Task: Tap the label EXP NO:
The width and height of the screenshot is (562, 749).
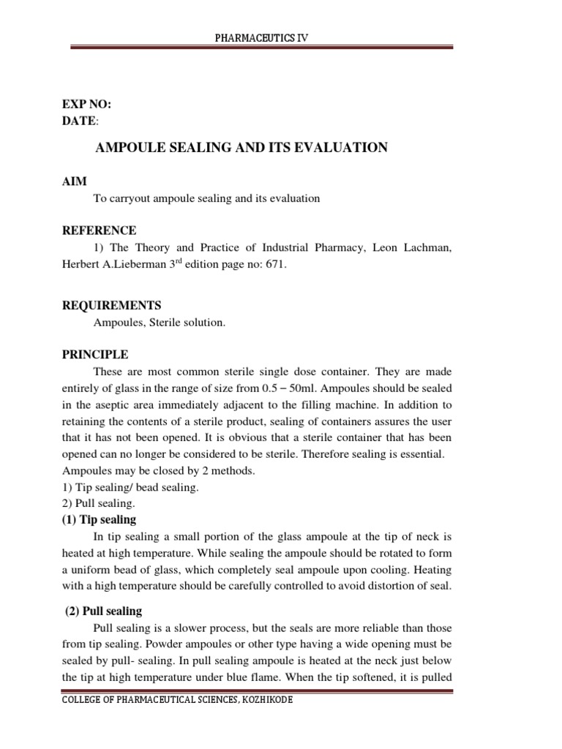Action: point(86,104)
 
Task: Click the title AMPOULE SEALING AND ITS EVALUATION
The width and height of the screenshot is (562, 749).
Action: point(242,148)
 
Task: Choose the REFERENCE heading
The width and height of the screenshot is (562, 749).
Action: point(100,230)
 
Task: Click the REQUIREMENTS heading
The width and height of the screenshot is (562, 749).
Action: point(111,305)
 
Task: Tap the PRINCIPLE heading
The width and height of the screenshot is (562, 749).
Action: point(95,355)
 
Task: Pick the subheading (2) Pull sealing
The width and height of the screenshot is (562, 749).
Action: point(105,611)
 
